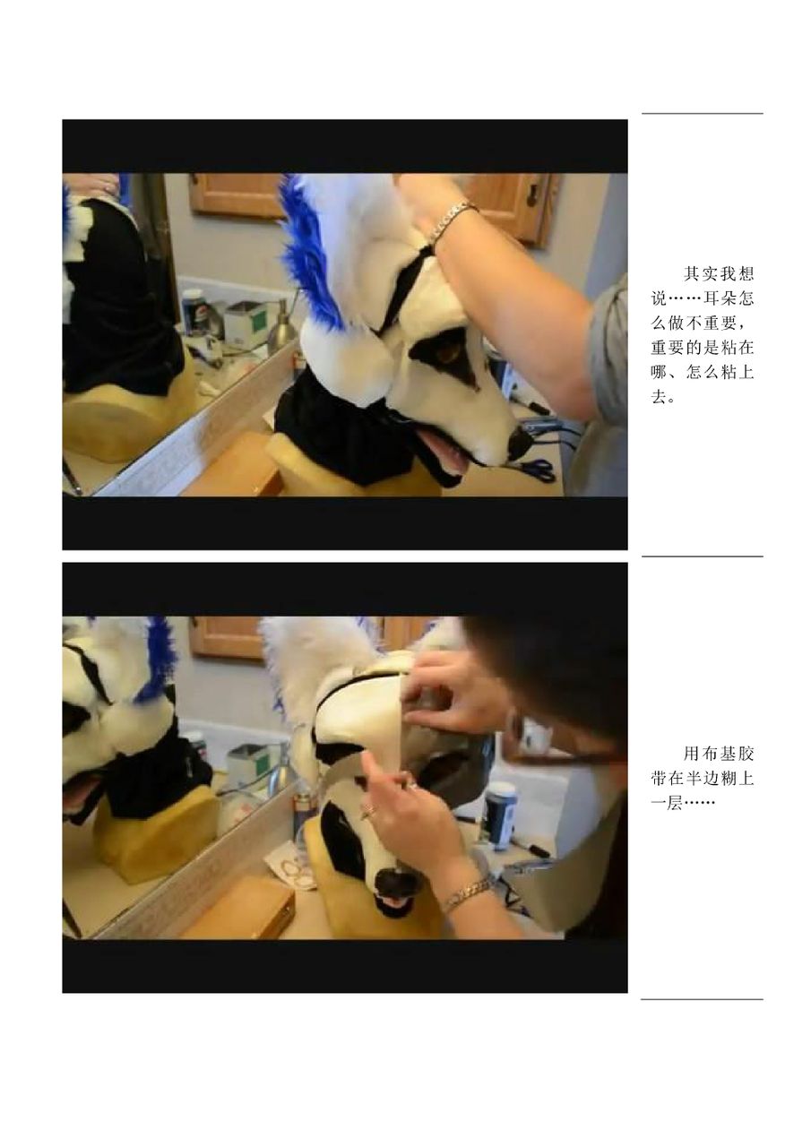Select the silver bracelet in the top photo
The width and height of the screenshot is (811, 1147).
coord(453,220)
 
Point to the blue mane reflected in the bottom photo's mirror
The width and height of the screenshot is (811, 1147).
coord(156,660)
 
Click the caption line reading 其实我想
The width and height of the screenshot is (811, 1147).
coord(718,273)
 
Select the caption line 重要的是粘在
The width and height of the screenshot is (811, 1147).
coord(702,348)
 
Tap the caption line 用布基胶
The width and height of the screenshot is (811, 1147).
coord(718,754)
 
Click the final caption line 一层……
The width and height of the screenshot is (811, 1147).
coord(682,803)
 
